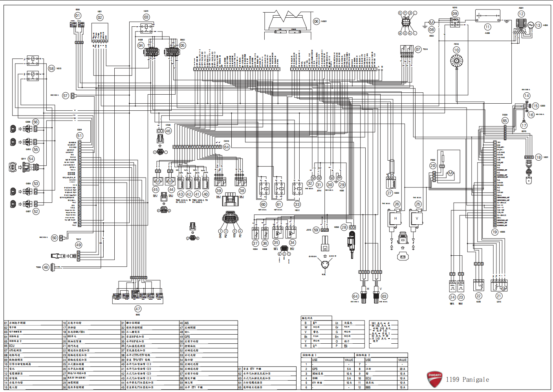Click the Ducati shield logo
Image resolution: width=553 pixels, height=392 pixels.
tap(434, 379)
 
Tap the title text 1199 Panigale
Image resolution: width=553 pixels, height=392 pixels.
tap(467, 379)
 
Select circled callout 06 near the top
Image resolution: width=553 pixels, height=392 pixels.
tap(316, 22)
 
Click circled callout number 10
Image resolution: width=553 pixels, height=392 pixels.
tap(456, 50)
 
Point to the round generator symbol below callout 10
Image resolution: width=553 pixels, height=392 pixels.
tap(456, 61)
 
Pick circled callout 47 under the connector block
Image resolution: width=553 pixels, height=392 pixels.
tap(138, 309)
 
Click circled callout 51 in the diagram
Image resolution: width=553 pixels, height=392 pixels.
tap(80, 136)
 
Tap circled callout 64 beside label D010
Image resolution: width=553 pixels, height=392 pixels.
tap(226, 147)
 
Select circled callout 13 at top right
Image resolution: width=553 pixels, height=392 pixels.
tap(538, 25)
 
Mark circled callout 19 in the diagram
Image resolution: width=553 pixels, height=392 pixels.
tap(494, 232)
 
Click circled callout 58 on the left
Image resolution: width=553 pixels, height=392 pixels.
tap(51, 68)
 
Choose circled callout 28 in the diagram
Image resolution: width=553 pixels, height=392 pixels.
tap(344, 227)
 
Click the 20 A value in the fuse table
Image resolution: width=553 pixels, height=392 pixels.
tap(402, 369)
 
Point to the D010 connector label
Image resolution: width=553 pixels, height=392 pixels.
tap(226, 141)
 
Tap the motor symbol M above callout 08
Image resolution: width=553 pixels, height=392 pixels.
tap(432, 22)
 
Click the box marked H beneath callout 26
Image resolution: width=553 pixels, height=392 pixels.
tap(396, 219)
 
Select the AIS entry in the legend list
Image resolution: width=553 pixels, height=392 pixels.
tap(187, 323)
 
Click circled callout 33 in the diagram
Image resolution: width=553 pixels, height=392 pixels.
tap(297, 204)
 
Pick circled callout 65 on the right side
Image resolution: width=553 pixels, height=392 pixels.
tap(505, 121)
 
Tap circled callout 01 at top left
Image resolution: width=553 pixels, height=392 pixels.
tap(78, 16)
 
